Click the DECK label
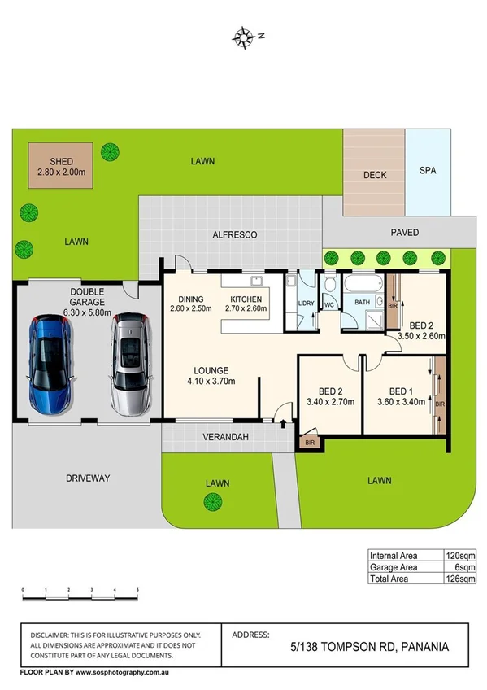(374, 175)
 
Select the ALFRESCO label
(235, 234)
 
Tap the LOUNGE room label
(211, 369)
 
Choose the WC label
(329, 306)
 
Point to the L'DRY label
(306, 304)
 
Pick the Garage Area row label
(396, 567)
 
